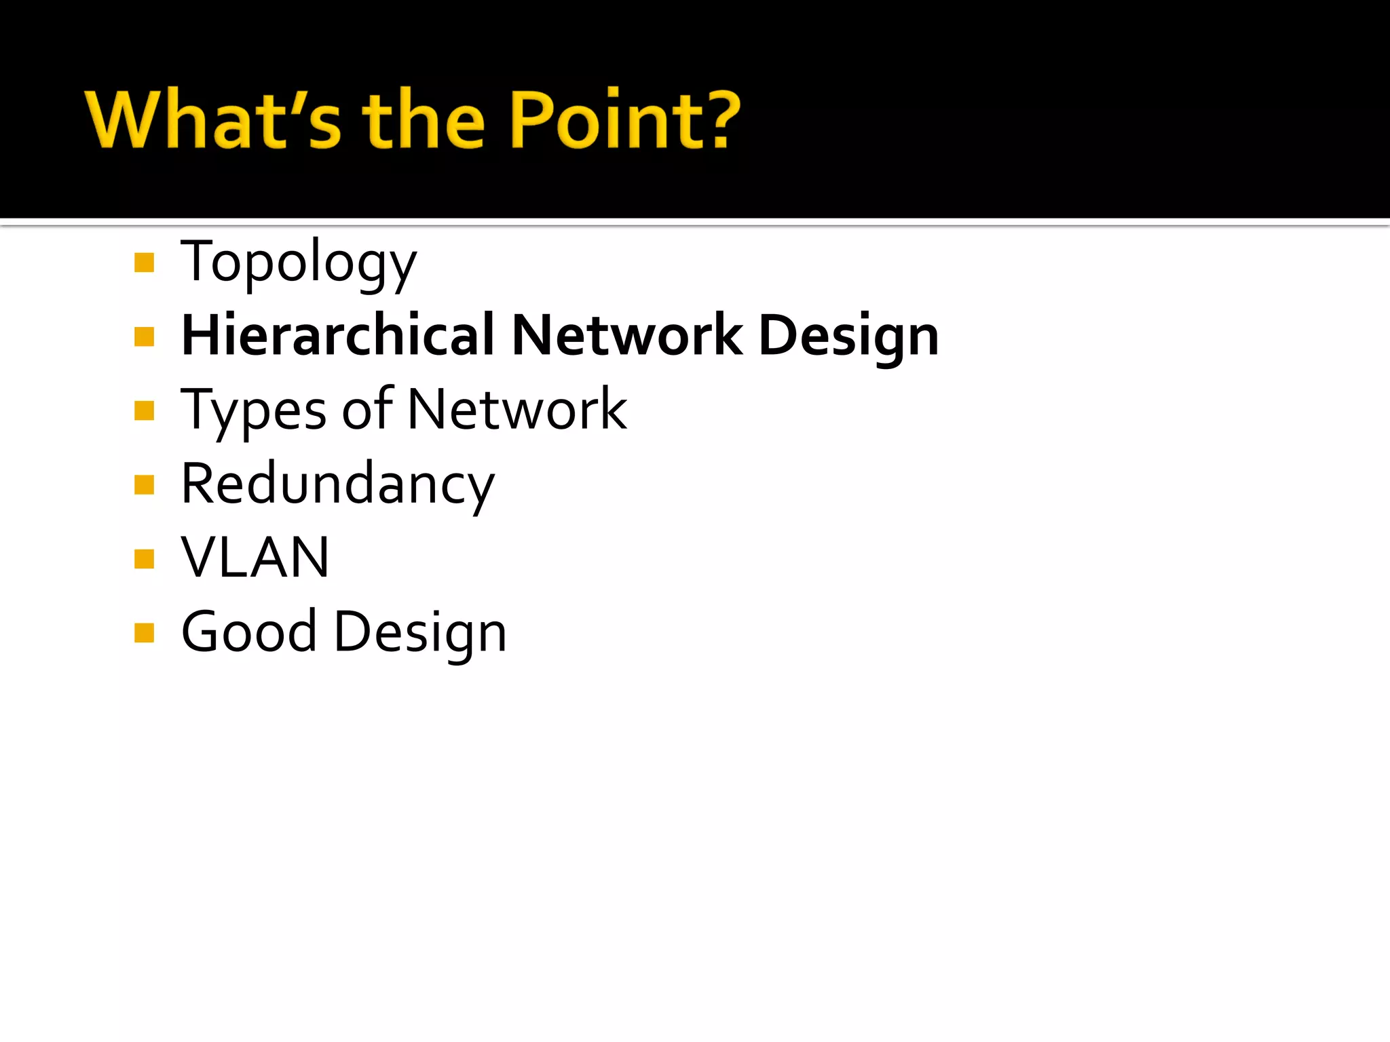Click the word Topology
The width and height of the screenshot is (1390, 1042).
tap(299, 263)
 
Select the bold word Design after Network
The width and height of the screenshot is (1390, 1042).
tap(848, 337)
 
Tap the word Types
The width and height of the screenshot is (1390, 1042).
tap(253, 411)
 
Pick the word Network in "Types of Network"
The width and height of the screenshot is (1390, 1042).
tap(518, 410)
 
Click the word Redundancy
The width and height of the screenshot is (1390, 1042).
tap(338, 484)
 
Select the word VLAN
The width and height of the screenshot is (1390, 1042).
tap(255, 558)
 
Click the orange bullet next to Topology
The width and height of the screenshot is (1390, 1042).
tap(145, 263)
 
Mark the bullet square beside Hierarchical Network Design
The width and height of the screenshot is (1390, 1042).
tap(145, 336)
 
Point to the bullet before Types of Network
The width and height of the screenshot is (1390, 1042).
tap(145, 411)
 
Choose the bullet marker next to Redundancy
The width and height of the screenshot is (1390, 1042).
tap(145, 485)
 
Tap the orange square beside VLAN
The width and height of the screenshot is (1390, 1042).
tap(145, 559)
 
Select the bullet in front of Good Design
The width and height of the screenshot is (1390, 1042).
tap(145, 633)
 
